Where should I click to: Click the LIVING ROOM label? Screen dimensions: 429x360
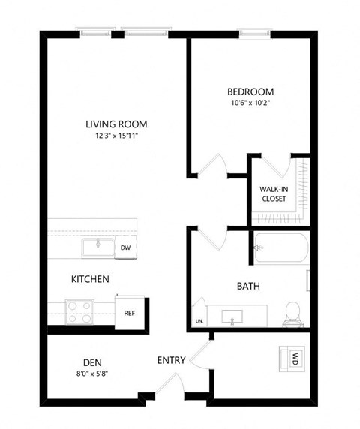point(115,124)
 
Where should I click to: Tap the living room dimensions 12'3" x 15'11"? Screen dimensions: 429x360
point(115,136)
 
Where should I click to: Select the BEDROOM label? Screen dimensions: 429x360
point(250,92)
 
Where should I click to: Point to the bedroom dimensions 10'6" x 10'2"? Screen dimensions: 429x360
point(250,103)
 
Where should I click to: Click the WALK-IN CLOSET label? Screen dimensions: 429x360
point(274,194)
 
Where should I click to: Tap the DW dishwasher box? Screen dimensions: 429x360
point(125,247)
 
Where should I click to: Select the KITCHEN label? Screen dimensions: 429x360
point(91,279)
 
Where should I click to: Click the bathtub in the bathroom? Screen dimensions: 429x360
point(280,247)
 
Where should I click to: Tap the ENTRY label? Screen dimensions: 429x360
point(171,361)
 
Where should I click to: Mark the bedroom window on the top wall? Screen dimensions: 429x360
point(252,31)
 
